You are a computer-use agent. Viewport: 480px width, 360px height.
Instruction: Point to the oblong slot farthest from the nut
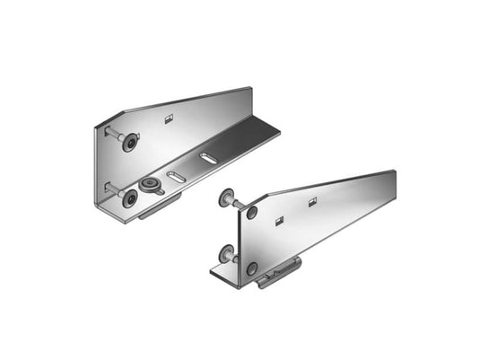pos(208,158)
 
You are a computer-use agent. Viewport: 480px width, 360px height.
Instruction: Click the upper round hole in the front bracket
pos(252,212)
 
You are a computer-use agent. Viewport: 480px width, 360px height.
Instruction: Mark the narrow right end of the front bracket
pos(388,184)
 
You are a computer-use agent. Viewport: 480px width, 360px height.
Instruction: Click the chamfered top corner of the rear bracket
pos(109,119)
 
